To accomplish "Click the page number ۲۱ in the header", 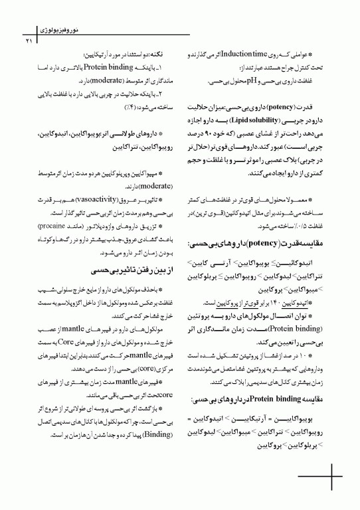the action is tap(29, 42).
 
